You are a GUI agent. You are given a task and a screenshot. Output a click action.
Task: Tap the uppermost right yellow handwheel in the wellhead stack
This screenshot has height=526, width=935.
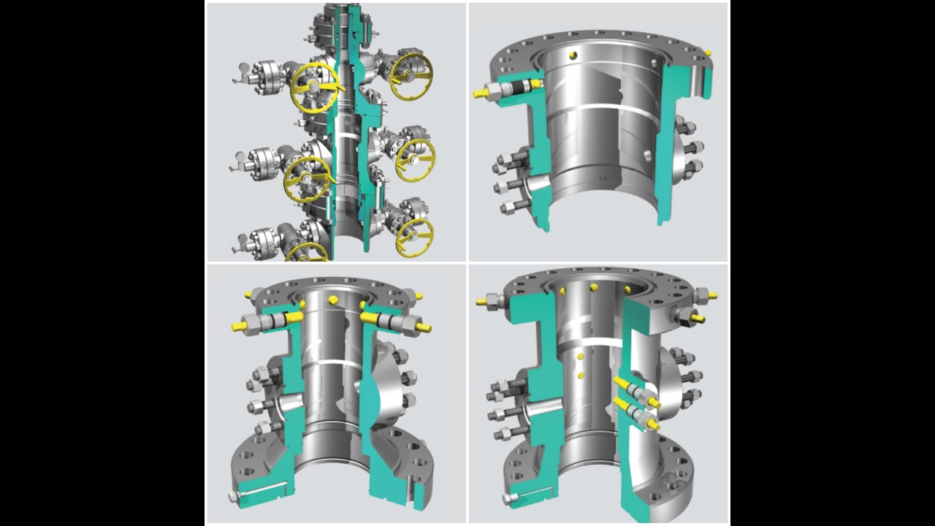[411, 75]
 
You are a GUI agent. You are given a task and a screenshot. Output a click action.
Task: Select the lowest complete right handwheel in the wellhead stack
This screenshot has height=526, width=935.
[414, 235]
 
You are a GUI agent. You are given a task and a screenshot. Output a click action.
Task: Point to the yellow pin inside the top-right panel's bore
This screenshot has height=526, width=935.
[572, 54]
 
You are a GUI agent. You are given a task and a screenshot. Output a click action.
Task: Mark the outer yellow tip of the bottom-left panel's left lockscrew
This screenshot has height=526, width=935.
[237, 327]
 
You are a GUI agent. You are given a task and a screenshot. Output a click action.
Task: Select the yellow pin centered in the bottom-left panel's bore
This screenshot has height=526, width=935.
[333, 300]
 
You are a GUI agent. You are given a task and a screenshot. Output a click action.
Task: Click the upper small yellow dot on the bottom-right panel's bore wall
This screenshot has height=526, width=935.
[579, 357]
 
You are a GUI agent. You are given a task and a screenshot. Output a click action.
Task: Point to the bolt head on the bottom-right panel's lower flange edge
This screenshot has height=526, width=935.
[507, 498]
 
